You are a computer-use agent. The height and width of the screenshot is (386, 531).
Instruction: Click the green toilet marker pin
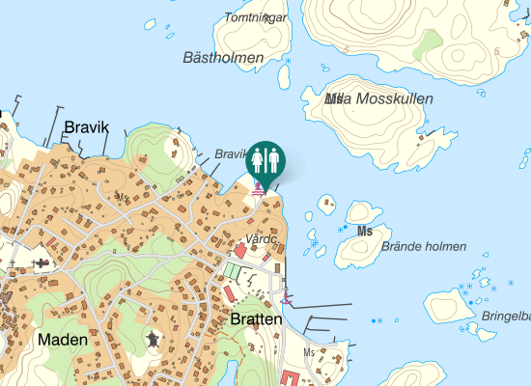click(x=265, y=160)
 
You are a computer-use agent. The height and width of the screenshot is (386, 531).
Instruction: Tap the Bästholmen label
click(x=223, y=58)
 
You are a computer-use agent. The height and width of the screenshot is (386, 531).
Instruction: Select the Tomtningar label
click(x=255, y=17)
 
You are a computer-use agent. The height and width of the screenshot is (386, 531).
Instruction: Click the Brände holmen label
click(x=424, y=246)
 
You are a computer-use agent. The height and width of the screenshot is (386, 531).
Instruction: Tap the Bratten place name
click(x=256, y=319)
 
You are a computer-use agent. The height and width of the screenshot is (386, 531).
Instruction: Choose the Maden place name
click(x=63, y=340)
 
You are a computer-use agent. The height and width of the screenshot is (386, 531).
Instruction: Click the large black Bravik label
click(x=87, y=127)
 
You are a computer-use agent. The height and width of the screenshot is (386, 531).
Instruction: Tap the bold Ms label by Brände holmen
click(x=364, y=232)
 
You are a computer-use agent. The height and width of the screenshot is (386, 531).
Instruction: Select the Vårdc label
click(x=262, y=237)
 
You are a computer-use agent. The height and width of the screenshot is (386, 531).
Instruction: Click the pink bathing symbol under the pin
click(x=258, y=190)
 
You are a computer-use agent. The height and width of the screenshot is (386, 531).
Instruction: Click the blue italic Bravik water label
click(x=232, y=154)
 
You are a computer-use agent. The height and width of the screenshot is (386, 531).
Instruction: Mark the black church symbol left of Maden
click(x=41, y=262)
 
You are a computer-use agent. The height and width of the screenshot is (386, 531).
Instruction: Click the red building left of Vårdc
click(x=239, y=250)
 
